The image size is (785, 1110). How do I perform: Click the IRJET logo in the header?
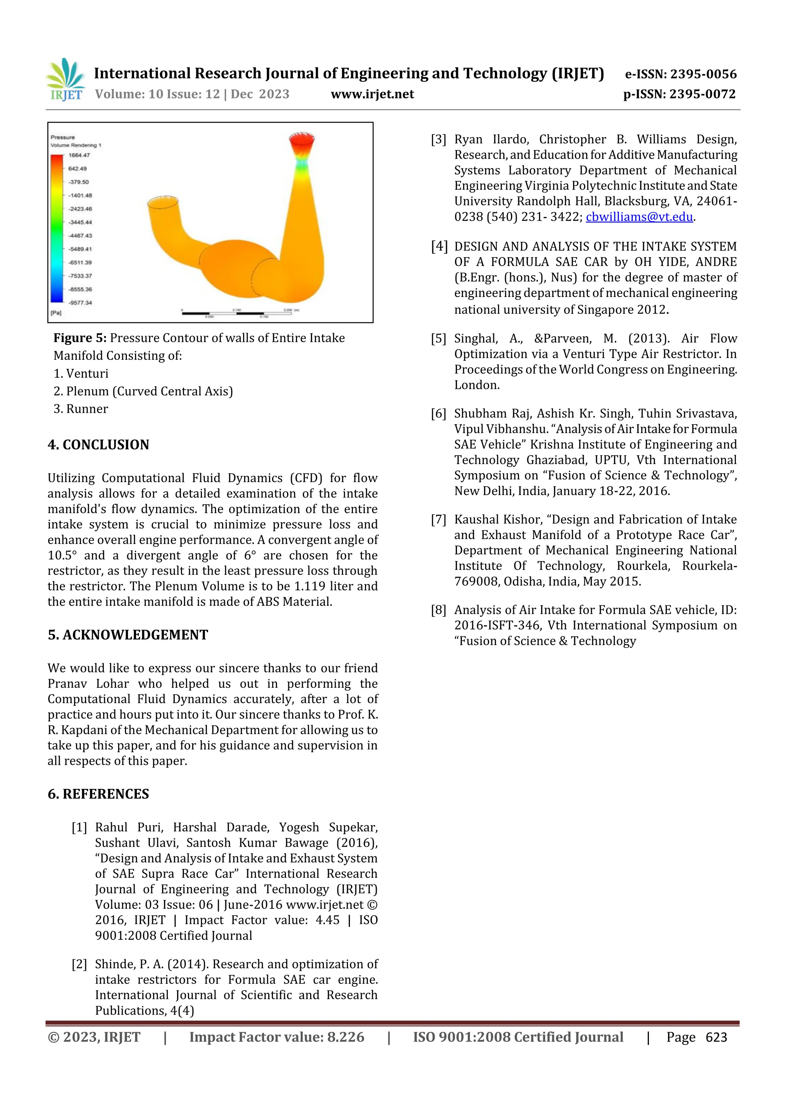(x=65, y=80)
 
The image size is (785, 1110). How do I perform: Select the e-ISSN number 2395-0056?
(x=703, y=74)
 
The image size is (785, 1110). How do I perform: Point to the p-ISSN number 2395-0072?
(x=702, y=94)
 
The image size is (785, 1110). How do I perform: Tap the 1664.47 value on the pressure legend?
(x=79, y=155)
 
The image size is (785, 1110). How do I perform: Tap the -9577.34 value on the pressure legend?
(x=80, y=303)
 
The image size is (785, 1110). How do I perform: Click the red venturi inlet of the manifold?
(x=301, y=140)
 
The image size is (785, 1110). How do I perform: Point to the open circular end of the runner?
(x=162, y=202)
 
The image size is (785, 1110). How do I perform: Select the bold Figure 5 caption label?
(x=80, y=338)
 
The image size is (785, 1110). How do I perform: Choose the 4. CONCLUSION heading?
(x=98, y=445)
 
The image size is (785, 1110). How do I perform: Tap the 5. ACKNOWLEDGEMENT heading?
(x=128, y=635)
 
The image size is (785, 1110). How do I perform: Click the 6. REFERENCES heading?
(x=98, y=794)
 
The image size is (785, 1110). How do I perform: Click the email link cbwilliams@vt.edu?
(x=639, y=217)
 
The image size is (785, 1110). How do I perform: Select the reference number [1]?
(x=79, y=828)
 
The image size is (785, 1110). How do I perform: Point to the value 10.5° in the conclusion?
(x=61, y=556)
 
